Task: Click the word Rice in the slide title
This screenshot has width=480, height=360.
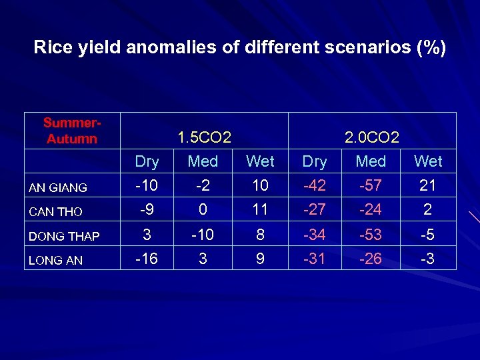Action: [x=49, y=48]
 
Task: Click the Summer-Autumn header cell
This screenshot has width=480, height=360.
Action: [x=71, y=131]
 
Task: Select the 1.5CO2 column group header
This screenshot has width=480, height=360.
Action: [x=204, y=138]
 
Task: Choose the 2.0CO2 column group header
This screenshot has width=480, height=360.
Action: [x=372, y=138]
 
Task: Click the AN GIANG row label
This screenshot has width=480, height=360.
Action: [x=57, y=188]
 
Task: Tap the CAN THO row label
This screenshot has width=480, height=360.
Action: [x=55, y=212]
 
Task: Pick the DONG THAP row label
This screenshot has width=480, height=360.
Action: [x=64, y=236]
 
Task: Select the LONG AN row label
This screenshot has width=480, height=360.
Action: [x=55, y=261]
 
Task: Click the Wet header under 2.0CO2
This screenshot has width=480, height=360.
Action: [x=428, y=161]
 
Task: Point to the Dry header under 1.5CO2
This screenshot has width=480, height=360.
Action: [x=147, y=161]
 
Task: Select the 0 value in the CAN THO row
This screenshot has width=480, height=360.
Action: [x=203, y=209]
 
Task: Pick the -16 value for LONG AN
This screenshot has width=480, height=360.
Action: [x=147, y=258]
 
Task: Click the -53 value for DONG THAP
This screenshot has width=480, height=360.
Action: [x=371, y=234]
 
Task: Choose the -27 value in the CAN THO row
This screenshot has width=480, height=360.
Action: [x=314, y=209]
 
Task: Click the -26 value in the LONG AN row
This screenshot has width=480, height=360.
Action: [x=371, y=258]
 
